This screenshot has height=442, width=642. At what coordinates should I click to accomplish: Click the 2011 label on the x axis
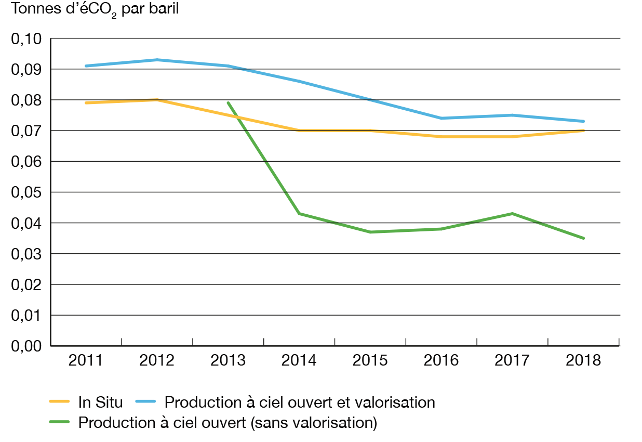[85, 360]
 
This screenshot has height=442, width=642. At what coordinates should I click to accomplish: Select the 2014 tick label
[299, 360]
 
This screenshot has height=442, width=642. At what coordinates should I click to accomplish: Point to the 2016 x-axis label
[442, 360]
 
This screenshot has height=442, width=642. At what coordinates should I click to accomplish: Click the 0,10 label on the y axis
[24, 38]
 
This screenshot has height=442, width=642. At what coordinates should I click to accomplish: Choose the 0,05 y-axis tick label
[24, 192]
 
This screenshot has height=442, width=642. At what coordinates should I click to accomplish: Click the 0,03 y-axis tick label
[24, 254]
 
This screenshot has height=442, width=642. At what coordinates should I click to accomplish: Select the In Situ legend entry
[101, 401]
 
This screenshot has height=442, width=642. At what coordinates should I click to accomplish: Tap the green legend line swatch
[61, 422]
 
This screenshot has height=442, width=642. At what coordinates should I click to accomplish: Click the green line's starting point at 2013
[228, 102]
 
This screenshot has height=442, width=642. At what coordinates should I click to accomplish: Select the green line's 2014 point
[299, 213]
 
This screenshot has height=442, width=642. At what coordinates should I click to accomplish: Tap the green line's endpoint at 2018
[584, 238]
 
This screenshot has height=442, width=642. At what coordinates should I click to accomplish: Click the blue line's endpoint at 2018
[584, 121]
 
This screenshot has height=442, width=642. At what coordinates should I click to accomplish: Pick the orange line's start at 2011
[85, 103]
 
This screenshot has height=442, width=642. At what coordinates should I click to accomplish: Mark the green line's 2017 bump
[513, 213]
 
